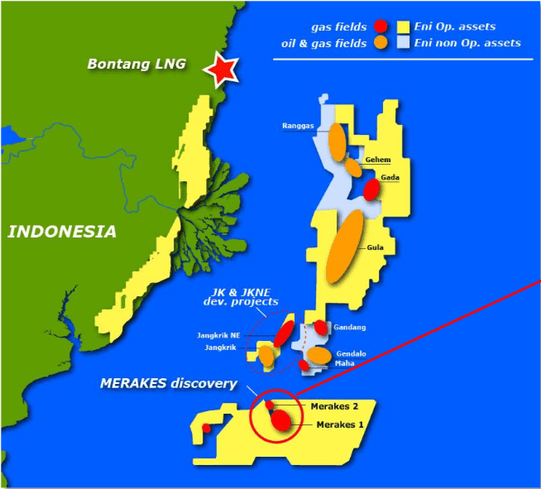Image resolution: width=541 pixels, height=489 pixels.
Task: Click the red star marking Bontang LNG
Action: (222, 70)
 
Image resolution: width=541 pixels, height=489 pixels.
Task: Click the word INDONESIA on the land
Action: (62, 232)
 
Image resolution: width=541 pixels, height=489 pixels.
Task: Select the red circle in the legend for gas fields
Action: (381, 26)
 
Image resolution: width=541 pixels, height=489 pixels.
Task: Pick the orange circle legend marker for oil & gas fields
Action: (381, 42)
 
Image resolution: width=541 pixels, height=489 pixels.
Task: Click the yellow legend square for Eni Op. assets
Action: (405, 26)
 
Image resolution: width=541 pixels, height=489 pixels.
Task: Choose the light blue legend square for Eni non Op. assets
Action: (405, 42)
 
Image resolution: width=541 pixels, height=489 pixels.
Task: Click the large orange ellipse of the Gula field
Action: (343, 247)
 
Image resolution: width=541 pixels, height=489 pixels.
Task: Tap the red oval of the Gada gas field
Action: (372, 189)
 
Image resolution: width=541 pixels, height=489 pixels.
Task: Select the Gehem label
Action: (377, 160)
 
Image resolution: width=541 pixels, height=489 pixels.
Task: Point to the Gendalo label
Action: (351, 353)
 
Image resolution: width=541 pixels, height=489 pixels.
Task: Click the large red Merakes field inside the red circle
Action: (284, 420)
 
